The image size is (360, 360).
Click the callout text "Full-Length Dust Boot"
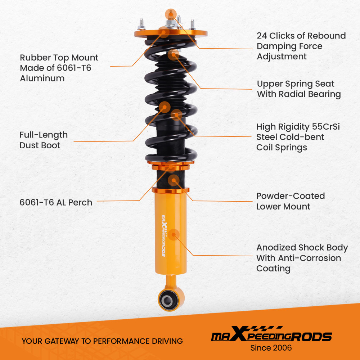click(x=44, y=140)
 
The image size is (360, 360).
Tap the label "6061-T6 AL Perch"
click(x=56, y=202)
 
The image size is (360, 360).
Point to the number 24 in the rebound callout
click(x=262, y=36)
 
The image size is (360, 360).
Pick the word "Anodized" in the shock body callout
click(x=276, y=248)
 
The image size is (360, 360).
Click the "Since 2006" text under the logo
click(x=271, y=348)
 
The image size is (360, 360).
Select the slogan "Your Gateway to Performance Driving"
click(x=102, y=341)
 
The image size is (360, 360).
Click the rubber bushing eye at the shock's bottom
click(x=168, y=299)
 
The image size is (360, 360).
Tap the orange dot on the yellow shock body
click(x=174, y=234)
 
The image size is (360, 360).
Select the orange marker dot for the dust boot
click(x=165, y=107)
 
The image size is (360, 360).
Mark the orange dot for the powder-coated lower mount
click(x=174, y=179)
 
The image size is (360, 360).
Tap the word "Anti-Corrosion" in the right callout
click(x=298, y=258)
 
